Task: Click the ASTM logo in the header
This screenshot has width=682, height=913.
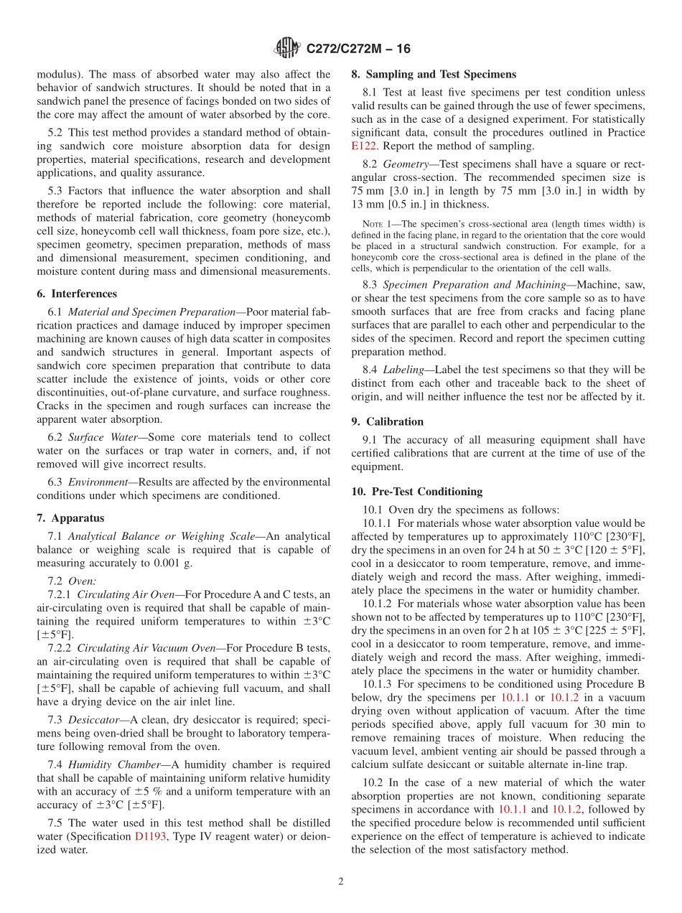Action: [288, 49]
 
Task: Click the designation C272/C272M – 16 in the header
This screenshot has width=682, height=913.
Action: [358, 50]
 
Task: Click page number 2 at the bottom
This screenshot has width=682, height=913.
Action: [341, 881]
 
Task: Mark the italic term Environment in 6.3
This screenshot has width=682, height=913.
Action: [95, 482]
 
